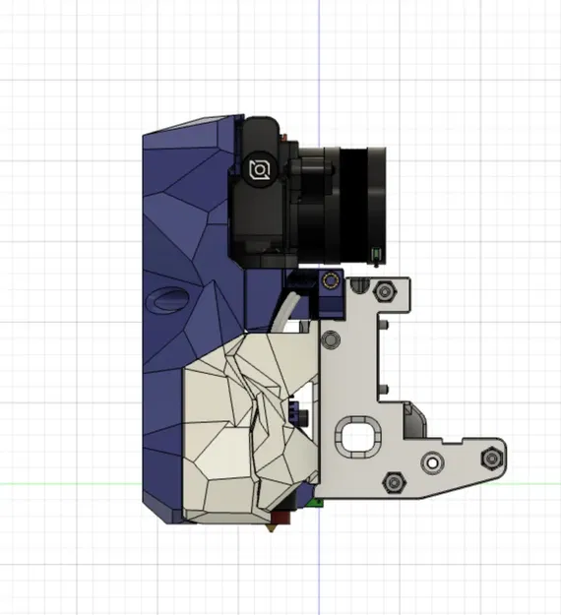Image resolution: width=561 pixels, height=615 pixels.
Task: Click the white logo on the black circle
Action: pyautogui.click(x=260, y=170)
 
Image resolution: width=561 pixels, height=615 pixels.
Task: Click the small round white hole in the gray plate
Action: pyautogui.click(x=430, y=461)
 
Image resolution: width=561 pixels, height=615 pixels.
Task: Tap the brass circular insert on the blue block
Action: pyautogui.click(x=333, y=282)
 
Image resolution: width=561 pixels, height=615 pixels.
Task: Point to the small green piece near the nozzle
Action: pyautogui.click(x=314, y=503)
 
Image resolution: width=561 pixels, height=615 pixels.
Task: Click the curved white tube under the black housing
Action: pyautogui.click(x=284, y=315)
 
